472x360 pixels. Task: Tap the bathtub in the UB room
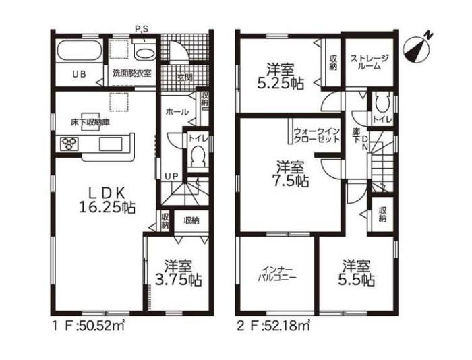[x=79, y=51]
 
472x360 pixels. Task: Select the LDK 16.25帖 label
[x=107, y=200]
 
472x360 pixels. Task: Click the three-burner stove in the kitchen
[x=69, y=144]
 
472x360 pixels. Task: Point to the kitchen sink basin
[x=111, y=144]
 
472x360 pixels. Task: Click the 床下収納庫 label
[x=90, y=123]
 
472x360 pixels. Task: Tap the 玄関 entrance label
[x=185, y=78]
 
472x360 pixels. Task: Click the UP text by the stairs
[x=171, y=177]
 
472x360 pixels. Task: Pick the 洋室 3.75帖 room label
[x=178, y=273]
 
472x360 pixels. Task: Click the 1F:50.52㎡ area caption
[x=88, y=326]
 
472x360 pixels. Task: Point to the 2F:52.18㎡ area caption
[x=273, y=326]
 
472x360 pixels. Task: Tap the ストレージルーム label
[x=370, y=62]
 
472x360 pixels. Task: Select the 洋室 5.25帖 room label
[x=281, y=76]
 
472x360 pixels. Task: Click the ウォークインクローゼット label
[x=316, y=136]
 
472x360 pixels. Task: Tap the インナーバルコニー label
[x=277, y=274]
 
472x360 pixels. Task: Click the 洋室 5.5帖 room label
[x=357, y=273]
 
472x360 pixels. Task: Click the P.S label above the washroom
[x=141, y=30]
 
